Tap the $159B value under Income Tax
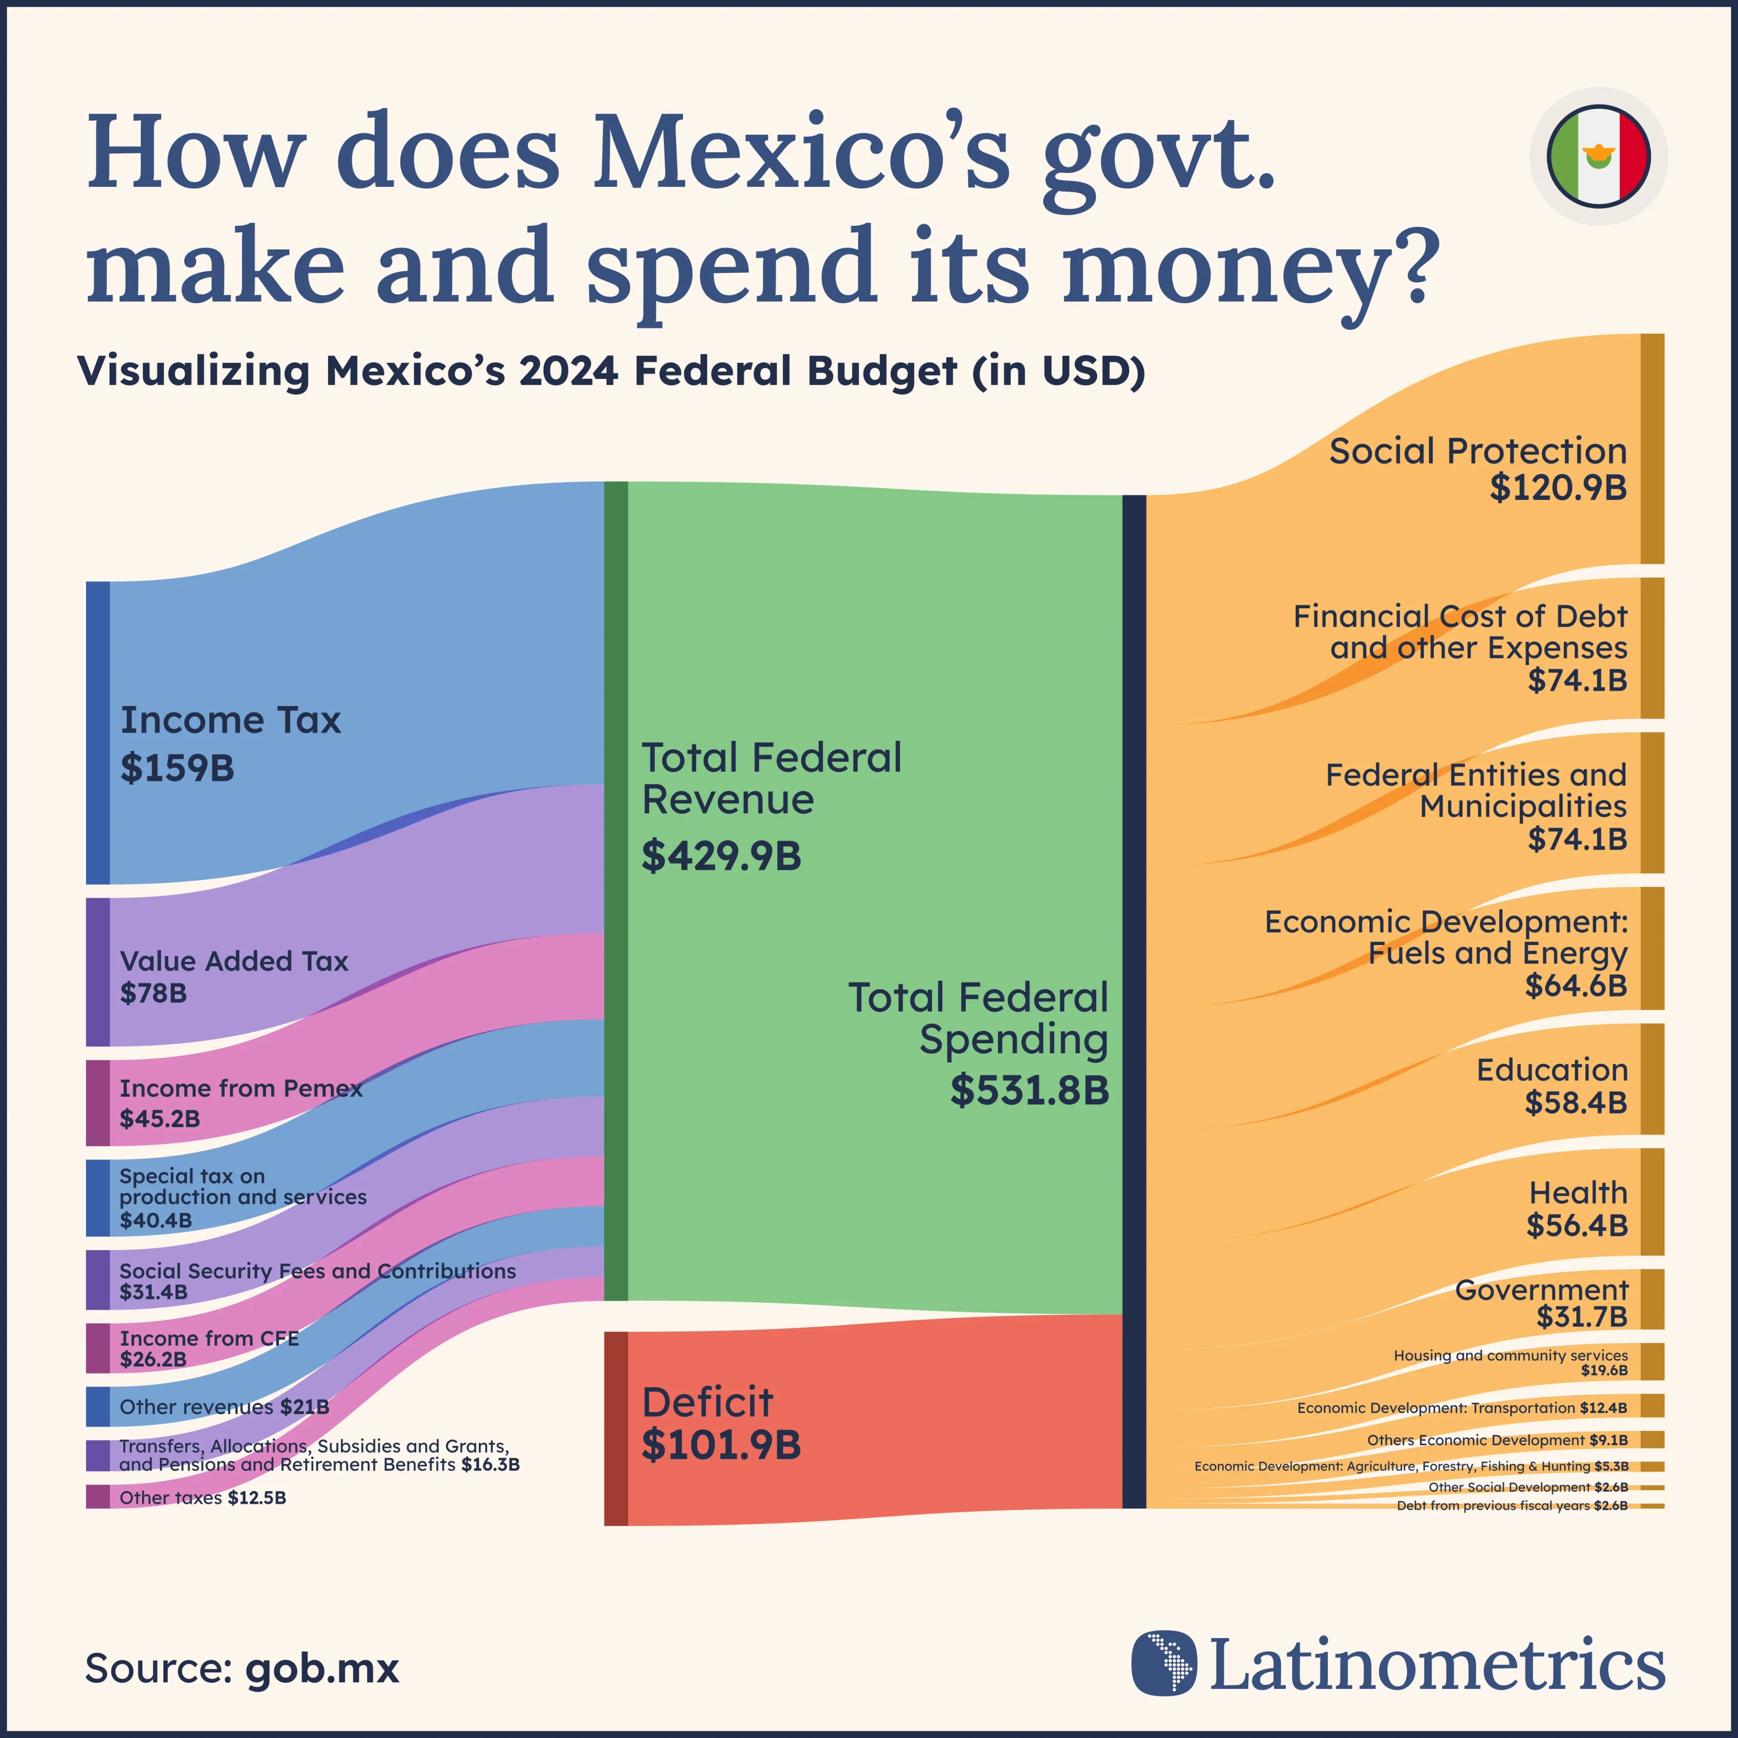tap(177, 768)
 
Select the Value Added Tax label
tap(234, 961)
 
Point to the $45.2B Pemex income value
tap(160, 1119)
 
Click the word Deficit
tap(707, 1403)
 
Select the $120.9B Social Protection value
tap(1558, 487)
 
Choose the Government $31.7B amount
tap(1581, 1317)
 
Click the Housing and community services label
tap(1510, 1355)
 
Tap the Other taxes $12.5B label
tap(202, 1498)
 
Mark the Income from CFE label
tap(209, 1339)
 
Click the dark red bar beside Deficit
tap(616, 1428)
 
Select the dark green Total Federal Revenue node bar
tap(616, 891)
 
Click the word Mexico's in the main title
tap(801, 151)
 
